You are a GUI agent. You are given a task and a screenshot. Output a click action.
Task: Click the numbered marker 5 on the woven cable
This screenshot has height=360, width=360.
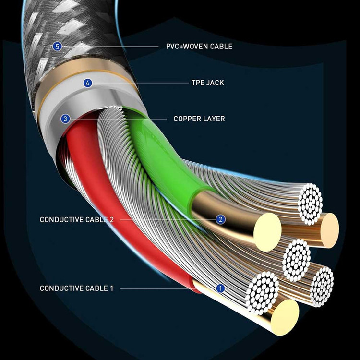58,47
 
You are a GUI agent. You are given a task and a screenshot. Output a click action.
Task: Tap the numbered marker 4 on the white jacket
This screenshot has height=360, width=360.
87,83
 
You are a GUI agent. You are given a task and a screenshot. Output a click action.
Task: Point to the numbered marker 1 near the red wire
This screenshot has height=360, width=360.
220,288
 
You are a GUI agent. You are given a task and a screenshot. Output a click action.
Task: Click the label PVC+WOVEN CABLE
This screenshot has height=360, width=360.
196,47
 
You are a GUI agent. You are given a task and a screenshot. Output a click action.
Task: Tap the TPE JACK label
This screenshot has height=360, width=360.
207,83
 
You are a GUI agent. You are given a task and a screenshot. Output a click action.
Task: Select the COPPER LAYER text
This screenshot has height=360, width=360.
199,119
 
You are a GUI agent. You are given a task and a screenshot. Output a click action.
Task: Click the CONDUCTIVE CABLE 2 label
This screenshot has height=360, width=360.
77,220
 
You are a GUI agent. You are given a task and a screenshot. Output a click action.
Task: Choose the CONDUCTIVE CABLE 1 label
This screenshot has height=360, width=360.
77,288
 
